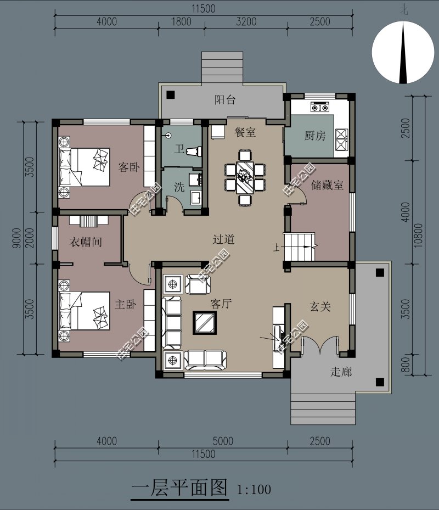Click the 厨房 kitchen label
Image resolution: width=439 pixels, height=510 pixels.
[x=315, y=135]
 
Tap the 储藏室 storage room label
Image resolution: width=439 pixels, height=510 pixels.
[x=327, y=185]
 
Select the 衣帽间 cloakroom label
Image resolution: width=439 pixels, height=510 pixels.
[x=86, y=242]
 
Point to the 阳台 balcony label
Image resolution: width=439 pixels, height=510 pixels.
[x=224, y=99]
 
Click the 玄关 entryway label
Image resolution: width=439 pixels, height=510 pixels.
[x=320, y=306]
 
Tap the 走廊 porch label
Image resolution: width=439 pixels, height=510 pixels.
[x=341, y=372]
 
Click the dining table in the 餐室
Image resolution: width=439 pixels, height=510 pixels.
[x=245, y=177]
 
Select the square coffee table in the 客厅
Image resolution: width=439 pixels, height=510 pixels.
[x=205, y=323]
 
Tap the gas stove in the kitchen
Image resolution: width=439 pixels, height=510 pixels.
[x=320, y=107]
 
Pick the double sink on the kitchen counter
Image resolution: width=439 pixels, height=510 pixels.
[x=341, y=140]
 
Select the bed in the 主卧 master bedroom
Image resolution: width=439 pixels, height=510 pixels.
[x=84, y=311]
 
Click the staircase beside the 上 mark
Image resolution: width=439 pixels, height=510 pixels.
[x=300, y=246]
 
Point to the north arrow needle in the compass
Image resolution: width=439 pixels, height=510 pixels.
[x=403, y=52]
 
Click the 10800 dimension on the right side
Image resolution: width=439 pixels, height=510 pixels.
[x=419, y=235]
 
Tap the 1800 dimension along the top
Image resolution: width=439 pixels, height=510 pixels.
[x=181, y=22]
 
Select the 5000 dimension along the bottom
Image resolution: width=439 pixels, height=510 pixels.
[x=223, y=441]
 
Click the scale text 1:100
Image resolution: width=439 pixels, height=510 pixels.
[x=254, y=489]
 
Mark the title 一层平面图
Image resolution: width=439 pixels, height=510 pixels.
[x=179, y=487]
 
